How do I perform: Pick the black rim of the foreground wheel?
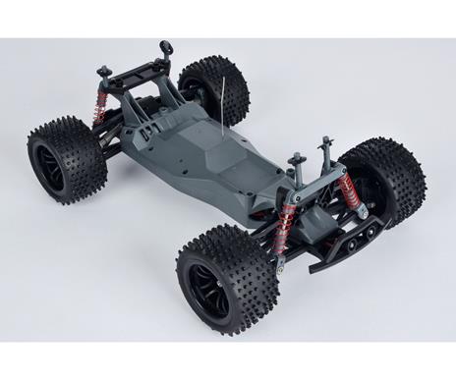(210, 289)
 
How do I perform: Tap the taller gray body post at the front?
(325, 148)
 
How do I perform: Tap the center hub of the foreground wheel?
(210, 291)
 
